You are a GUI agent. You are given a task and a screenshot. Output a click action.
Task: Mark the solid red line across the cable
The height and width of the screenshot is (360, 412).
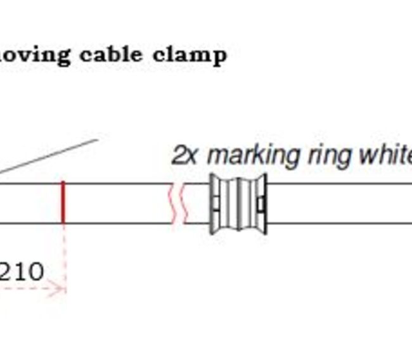tap(63, 203)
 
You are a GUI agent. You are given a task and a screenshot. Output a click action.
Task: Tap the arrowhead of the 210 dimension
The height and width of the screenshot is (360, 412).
tap(61, 289)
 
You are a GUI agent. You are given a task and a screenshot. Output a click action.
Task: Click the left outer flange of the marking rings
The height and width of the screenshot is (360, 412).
tap(215, 203)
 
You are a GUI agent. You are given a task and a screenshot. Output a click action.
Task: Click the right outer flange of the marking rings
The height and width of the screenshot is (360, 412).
tap(263, 203)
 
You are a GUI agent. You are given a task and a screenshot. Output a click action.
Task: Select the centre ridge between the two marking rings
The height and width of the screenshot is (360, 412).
tap(239, 203)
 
